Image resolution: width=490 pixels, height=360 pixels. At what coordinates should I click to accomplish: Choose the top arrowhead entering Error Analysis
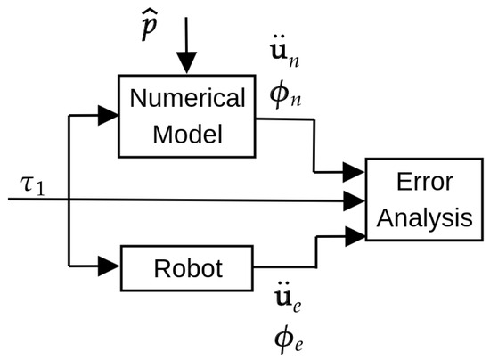(x=354, y=168)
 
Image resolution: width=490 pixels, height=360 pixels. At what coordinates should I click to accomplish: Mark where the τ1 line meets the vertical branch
(x=69, y=198)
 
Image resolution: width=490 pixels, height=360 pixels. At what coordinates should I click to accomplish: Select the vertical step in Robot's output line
(x=312, y=250)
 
